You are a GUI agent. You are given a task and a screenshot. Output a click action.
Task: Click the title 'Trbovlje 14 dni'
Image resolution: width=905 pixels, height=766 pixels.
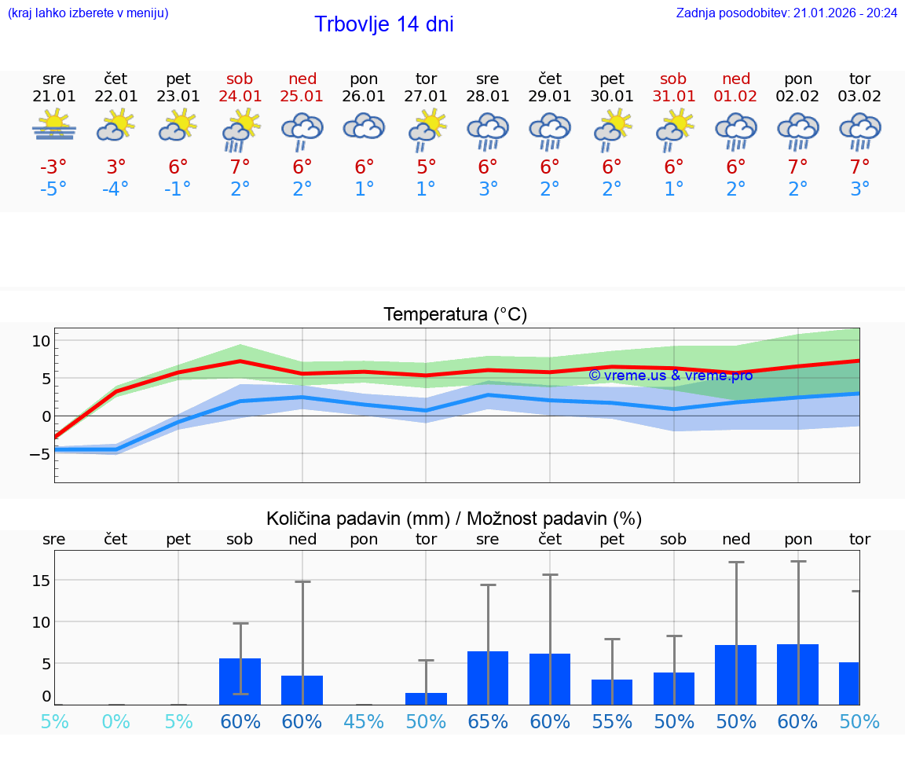coord(383,24)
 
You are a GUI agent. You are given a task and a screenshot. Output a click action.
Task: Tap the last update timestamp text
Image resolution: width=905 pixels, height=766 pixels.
coord(786,13)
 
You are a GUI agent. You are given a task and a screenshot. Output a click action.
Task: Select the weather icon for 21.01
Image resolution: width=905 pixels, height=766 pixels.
coord(54,126)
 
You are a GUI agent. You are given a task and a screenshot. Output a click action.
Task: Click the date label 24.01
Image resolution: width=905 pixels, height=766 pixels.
coord(240,97)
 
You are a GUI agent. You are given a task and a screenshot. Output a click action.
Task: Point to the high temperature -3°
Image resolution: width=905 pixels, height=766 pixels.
coord(54,167)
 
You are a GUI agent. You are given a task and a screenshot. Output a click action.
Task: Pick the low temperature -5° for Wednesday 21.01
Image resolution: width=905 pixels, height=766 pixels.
coord(54,189)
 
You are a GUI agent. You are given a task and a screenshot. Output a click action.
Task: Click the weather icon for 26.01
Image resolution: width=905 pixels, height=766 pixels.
coord(364,126)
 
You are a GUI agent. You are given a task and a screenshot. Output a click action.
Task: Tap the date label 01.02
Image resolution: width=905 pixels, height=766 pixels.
coord(736,97)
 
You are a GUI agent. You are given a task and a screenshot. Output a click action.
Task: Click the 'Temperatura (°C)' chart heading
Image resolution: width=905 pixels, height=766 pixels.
coord(455,315)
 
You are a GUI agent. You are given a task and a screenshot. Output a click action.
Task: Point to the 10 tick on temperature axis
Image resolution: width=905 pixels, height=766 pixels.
coord(41,341)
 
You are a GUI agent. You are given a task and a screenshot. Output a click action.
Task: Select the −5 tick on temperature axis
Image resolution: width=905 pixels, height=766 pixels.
coord(39,454)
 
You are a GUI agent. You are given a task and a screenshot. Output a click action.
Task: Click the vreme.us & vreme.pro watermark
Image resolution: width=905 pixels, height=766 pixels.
coord(670,376)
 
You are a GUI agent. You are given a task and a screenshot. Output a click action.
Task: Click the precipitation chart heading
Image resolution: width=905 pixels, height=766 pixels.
coord(454,519)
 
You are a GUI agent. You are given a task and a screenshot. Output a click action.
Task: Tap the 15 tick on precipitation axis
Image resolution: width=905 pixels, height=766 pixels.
coord(41,581)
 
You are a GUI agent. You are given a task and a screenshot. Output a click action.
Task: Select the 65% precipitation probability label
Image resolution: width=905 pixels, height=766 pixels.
coord(488,721)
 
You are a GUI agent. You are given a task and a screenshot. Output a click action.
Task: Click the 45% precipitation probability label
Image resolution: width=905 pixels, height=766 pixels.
coord(364,721)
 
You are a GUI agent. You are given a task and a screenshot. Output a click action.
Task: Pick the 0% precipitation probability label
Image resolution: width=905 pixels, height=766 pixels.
coord(116,721)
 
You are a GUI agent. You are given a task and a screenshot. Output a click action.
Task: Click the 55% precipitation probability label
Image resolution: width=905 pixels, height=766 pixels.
coord(612,721)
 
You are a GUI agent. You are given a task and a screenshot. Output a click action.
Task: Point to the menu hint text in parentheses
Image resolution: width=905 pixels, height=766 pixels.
coord(88,13)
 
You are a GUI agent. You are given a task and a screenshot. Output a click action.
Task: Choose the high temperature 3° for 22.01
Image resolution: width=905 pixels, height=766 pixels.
coord(116,167)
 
